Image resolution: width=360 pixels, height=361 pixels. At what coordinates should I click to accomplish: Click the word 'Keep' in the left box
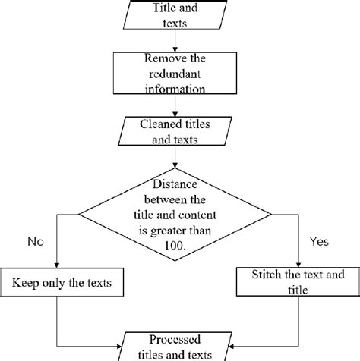point(24,284)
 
